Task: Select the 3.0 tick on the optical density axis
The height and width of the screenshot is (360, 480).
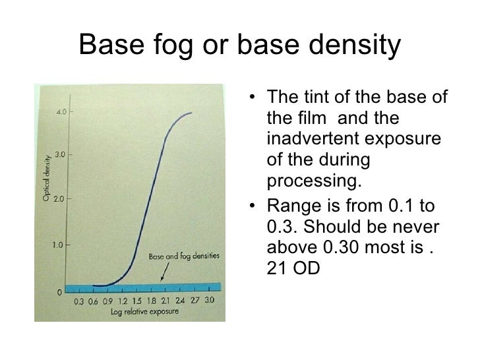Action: (x=59, y=155)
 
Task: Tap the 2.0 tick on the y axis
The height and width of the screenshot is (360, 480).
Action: (x=59, y=200)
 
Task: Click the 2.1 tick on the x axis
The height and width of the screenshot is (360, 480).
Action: (x=164, y=301)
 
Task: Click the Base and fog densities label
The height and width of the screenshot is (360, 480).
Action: (x=184, y=255)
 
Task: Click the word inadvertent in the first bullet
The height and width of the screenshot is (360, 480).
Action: (x=310, y=140)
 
